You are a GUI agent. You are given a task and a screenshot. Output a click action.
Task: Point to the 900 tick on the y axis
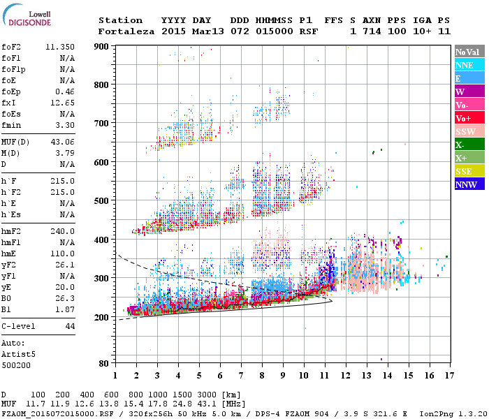point(103,47)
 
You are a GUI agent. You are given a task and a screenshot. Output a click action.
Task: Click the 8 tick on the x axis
point(262,376)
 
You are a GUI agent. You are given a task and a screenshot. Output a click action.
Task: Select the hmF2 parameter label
point(13,230)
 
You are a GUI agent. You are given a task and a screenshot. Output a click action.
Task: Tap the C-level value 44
point(70,326)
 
